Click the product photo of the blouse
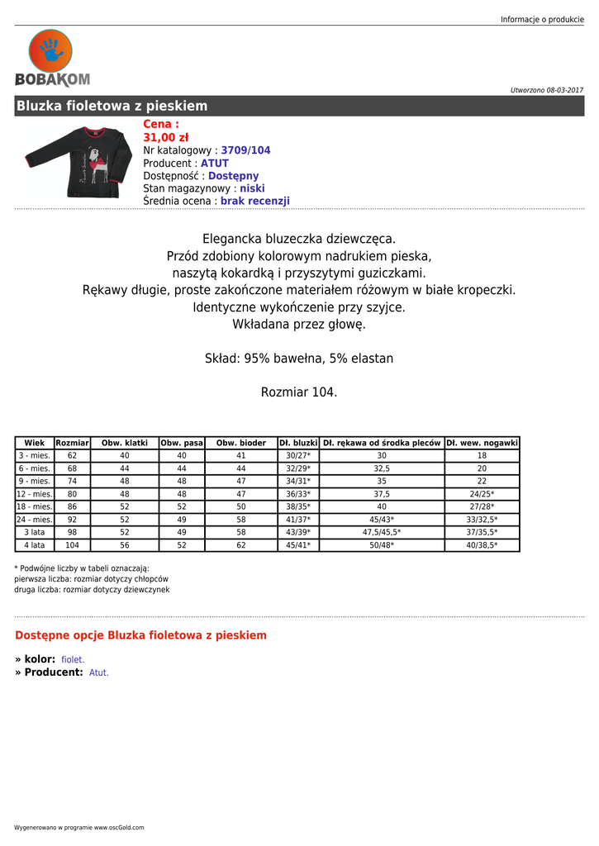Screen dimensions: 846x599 (78, 160)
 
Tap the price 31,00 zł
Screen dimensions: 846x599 (166, 137)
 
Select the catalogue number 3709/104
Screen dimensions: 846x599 (245, 150)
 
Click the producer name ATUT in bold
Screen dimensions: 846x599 (215, 164)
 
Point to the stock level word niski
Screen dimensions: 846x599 (252, 188)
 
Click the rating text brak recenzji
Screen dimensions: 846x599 (254, 201)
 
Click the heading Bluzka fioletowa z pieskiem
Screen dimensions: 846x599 (112, 106)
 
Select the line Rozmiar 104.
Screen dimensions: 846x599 (299, 392)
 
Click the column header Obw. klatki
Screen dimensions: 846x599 (125, 443)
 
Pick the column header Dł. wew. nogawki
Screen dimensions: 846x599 (482, 443)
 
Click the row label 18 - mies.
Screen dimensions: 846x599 (35, 506)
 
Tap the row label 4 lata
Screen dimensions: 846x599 (35, 545)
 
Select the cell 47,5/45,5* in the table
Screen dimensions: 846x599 (382, 533)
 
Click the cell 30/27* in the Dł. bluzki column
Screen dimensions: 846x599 (297, 455)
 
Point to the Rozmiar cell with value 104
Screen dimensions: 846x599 (73, 545)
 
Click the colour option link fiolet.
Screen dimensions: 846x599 (73, 660)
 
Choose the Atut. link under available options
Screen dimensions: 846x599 (99, 673)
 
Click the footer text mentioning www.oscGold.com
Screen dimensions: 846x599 (79, 827)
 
